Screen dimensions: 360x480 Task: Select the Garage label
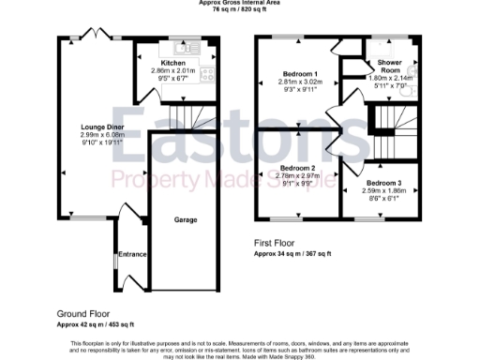[185, 218]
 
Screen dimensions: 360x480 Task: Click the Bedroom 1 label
[300, 73]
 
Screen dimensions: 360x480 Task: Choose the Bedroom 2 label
[299, 169]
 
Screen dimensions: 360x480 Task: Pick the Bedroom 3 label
[383, 182]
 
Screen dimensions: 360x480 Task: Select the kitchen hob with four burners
[207, 77]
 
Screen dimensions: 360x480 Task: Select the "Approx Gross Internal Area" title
[240, 3]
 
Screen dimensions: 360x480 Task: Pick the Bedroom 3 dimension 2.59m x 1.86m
[383, 190]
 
